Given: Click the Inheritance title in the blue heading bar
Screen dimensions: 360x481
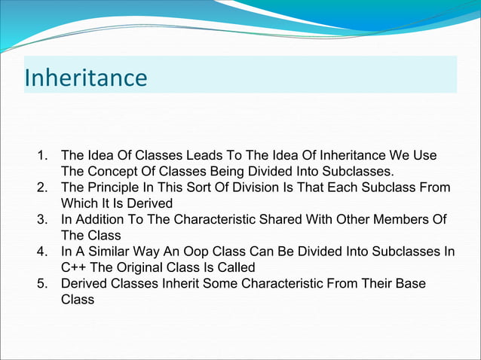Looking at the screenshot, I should (86, 78).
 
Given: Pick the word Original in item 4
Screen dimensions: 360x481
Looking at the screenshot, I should (138, 267).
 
